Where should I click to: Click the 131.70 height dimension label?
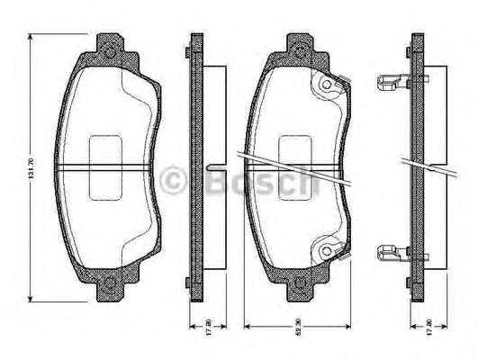[x=32, y=167]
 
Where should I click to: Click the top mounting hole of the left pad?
[x=110, y=51]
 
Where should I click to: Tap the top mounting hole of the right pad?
[x=298, y=51]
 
